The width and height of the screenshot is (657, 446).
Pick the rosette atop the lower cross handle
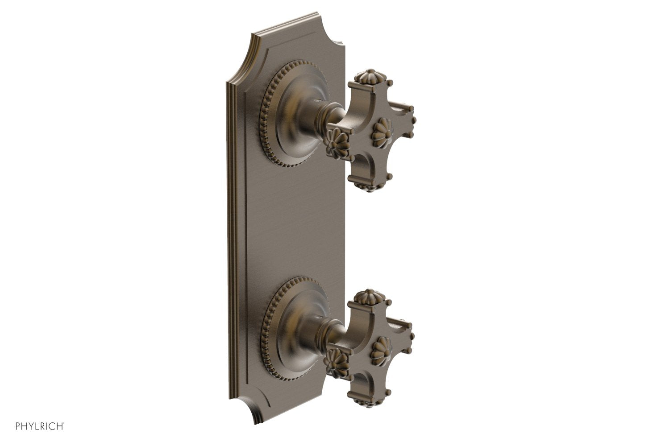[373, 296]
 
